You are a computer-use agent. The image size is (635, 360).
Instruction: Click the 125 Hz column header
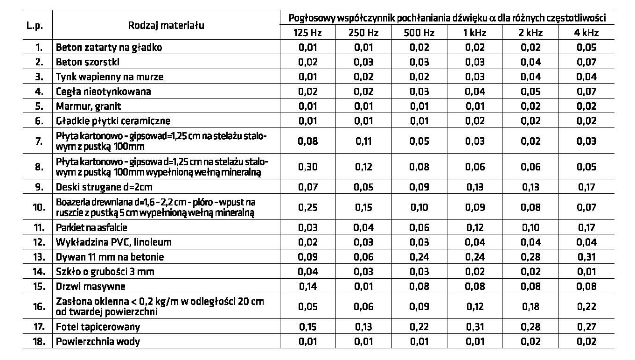pos(307,33)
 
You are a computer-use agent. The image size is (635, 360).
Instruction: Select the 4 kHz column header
pos(586,33)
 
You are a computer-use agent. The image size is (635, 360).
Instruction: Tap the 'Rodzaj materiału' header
pos(166,25)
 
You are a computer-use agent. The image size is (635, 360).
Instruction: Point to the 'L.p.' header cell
pos(35,26)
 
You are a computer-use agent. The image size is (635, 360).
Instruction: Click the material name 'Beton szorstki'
pos(88,62)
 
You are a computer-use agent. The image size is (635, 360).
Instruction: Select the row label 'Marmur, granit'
pos(89,106)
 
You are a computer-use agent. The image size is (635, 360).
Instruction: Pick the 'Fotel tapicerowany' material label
pos(98,327)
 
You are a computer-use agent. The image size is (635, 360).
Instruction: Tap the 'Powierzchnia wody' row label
pos(98,342)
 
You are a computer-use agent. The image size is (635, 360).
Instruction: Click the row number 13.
pos(39,257)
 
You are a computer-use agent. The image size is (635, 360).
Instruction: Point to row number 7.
pos(40,141)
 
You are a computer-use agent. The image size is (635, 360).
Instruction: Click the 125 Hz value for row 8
pos(308,167)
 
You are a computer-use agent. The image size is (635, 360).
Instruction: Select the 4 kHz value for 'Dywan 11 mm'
pos(586,257)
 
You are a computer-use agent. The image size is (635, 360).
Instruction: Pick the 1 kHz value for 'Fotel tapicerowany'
pos(475,327)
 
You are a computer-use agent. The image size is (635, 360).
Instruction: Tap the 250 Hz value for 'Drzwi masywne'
pos(364,286)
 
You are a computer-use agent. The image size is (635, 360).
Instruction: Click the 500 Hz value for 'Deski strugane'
pos(419,187)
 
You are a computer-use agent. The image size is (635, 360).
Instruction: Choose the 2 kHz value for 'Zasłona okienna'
pos(530,306)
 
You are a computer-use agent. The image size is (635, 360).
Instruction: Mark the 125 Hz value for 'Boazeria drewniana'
pos(308,207)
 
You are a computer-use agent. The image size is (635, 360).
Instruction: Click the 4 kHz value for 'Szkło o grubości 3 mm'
pos(586,272)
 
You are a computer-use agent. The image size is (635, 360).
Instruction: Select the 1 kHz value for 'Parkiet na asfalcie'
pos(475,227)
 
